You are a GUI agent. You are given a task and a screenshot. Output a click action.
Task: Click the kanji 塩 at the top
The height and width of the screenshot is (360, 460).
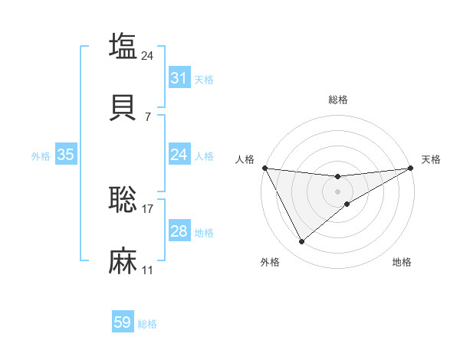(123, 46)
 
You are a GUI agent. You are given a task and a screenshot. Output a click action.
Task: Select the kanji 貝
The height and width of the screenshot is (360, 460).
(123, 108)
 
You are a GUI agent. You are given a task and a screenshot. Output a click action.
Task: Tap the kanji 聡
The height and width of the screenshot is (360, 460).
(123, 200)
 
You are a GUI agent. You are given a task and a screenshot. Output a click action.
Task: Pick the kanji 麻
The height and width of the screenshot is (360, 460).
(123, 261)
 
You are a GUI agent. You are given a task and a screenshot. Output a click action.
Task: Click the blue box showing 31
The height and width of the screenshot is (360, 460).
(179, 78)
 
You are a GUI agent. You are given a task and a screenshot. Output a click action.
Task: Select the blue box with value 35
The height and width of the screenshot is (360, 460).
(66, 155)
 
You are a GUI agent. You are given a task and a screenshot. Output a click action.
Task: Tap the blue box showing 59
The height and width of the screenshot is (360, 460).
(123, 323)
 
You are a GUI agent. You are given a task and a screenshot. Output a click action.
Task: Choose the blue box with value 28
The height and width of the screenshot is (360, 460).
(179, 231)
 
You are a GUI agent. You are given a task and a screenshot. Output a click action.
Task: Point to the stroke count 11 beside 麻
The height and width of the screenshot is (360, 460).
(148, 270)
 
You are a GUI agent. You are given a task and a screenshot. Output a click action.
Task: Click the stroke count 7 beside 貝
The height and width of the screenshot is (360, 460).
(148, 116)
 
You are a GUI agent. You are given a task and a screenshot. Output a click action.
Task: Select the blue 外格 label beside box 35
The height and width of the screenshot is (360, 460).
(41, 156)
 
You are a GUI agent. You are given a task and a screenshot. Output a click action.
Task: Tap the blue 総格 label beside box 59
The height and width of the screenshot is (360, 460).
(147, 324)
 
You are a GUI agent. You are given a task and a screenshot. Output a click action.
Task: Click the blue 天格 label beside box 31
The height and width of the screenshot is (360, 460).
(204, 79)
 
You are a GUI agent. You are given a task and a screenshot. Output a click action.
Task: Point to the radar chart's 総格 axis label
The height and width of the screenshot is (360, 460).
(338, 100)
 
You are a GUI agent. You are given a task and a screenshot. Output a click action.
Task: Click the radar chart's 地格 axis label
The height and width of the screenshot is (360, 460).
(402, 262)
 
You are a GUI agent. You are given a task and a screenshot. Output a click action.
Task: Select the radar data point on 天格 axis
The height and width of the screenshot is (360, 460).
(411, 168)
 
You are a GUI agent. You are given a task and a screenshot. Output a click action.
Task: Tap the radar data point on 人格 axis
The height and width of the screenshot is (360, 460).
(264, 168)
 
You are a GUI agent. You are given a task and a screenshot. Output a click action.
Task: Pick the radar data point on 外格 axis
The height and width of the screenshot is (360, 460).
(301, 242)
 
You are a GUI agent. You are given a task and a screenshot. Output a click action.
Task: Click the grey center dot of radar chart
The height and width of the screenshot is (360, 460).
(338, 191)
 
